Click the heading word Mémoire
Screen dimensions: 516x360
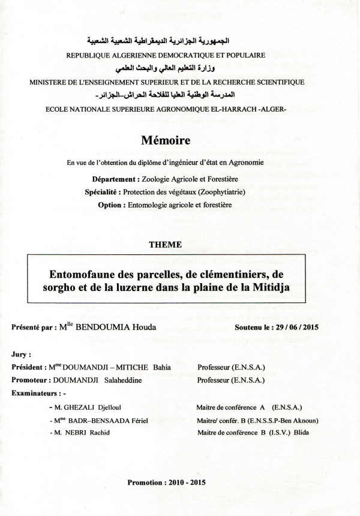click(166, 141)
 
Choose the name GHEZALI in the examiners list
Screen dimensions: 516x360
click(83, 407)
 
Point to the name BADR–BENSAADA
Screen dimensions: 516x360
click(109, 421)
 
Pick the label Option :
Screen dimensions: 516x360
click(112, 205)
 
